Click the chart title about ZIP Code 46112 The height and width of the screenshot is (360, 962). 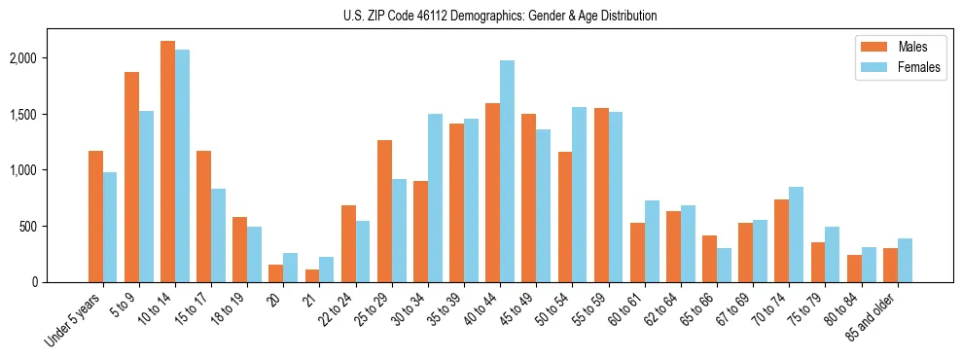500,16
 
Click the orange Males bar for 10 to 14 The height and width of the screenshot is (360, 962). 167,162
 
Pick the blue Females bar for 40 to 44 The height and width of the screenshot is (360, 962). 507,171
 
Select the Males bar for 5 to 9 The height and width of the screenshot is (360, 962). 131,177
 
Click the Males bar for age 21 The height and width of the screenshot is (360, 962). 312,275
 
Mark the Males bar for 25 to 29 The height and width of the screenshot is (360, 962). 384,211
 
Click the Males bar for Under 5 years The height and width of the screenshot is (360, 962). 95,216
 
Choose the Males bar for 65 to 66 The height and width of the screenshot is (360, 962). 709,259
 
